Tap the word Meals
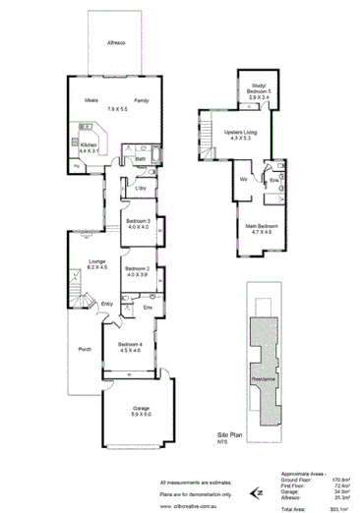coord(90,100)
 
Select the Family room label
coord(142,100)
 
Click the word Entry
coord(106,304)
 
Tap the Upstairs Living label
coord(240,132)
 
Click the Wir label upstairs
coord(242,180)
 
